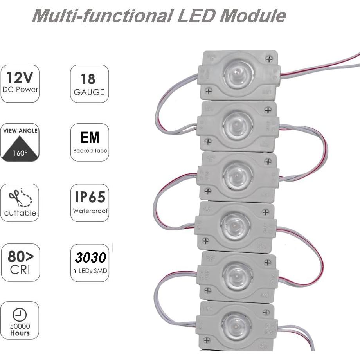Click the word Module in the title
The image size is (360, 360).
(x=253, y=15)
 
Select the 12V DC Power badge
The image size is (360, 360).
(x=20, y=83)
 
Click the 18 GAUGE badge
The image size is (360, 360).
(x=89, y=83)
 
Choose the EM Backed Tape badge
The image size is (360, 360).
(x=90, y=142)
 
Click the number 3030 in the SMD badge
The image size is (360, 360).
(x=90, y=257)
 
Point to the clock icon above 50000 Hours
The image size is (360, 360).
(x=20, y=314)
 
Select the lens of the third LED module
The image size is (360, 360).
(x=237, y=175)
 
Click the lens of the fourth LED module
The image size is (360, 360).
(x=235, y=226)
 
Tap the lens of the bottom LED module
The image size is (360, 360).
(x=236, y=326)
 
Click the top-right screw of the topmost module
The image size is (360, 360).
(x=269, y=59)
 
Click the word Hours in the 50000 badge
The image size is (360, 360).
(x=20, y=333)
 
